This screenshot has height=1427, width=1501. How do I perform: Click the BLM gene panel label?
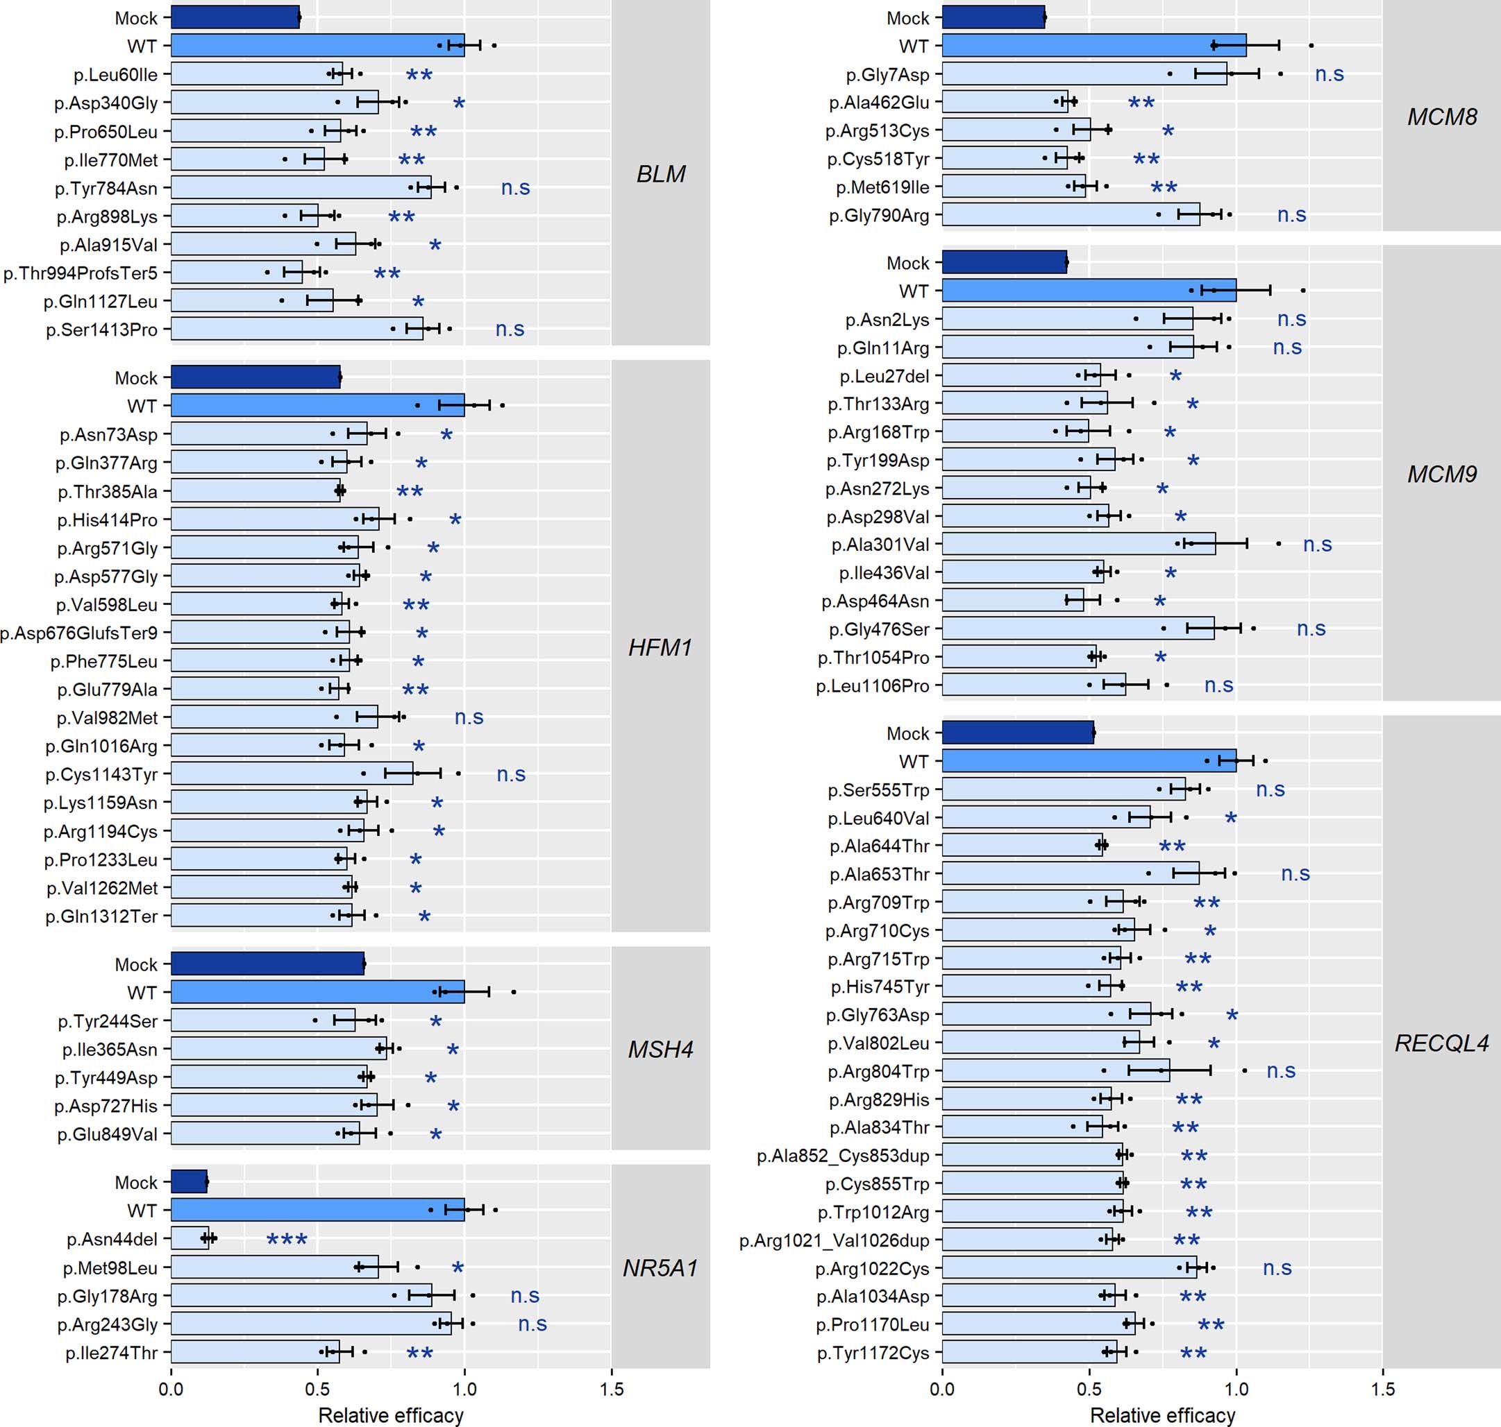(x=661, y=174)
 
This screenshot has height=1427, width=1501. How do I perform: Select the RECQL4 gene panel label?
(x=1441, y=1043)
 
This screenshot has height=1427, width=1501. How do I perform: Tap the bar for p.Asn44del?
(x=190, y=1239)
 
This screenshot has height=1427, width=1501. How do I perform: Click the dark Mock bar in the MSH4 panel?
(x=267, y=964)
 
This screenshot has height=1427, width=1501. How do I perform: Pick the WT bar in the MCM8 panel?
(x=1093, y=46)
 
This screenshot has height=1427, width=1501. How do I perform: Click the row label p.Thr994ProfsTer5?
(x=80, y=273)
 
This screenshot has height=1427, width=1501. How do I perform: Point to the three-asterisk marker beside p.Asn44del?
(x=287, y=1240)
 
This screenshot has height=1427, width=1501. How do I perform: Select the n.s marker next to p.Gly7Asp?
(x=1329, y=74)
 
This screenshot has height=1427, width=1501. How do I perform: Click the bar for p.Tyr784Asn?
(x=301, y=187)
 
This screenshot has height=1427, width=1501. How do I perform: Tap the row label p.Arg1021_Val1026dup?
(x=835, y=1240)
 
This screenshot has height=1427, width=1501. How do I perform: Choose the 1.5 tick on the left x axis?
(x=611, y=1389)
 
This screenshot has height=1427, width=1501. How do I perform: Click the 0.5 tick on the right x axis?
(x=1089, y=1389)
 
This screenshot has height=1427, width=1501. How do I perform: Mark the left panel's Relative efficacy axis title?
(x=390, y=1415)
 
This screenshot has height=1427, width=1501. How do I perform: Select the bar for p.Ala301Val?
(x=1079, y=544)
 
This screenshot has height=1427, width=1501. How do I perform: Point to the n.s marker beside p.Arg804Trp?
(x=1281, y=1071)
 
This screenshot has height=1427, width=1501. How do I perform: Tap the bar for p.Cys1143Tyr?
(x=292, y=774)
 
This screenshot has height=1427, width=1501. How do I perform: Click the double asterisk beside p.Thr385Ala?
(x=410, y=492)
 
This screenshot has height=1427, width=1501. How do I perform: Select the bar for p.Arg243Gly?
(x=310, y=1324)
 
